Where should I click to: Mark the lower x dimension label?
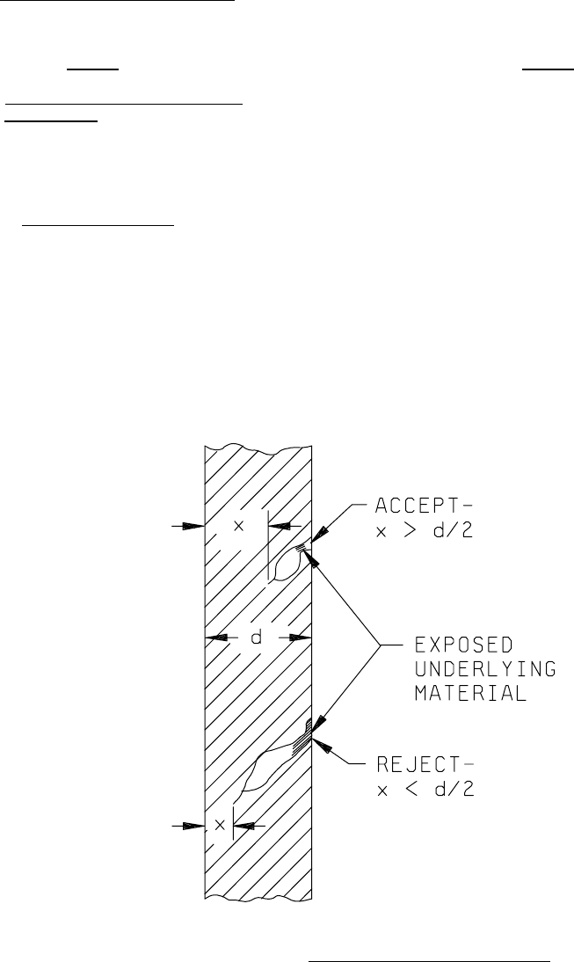click(x=219, y=826)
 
